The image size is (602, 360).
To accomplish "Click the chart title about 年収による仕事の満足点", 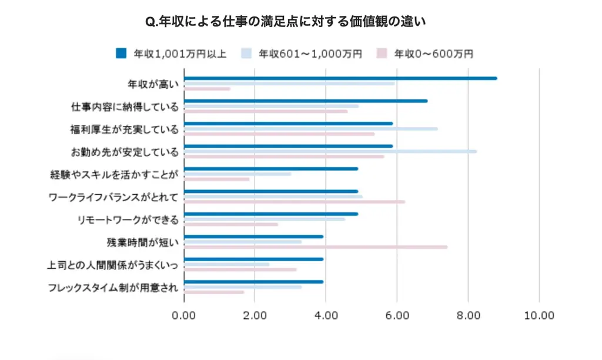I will [x=285, y=22].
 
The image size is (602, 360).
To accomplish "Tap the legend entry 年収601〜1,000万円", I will [x=311, y=54].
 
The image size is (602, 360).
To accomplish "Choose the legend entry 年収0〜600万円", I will [x=433, y=54].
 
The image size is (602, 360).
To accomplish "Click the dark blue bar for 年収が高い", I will [x=340, y=78].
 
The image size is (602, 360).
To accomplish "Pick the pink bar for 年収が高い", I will [x=207, y=89].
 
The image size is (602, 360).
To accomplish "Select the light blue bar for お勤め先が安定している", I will [x=330, y=151].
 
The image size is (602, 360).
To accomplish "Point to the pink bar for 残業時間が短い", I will [x=316, y=247].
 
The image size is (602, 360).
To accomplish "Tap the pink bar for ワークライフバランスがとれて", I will [x=295, y=202].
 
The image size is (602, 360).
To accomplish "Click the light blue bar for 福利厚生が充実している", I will [x=311, y=129].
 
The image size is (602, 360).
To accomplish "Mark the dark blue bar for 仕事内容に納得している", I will [x=306, y=101].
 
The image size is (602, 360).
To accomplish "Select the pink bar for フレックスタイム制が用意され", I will [x=214, y=292].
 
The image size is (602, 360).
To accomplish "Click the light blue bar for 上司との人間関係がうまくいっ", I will [x=227, y=264].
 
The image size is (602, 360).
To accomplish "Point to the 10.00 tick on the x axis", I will [x=539, y=315].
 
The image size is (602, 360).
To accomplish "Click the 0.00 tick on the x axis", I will [x=184, y=315].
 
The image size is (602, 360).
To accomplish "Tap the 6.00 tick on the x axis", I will [x=397, y=315].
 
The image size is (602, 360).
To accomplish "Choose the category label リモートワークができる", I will [x=128, y=219].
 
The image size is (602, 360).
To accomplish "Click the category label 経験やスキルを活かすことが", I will [x=115, y=174].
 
